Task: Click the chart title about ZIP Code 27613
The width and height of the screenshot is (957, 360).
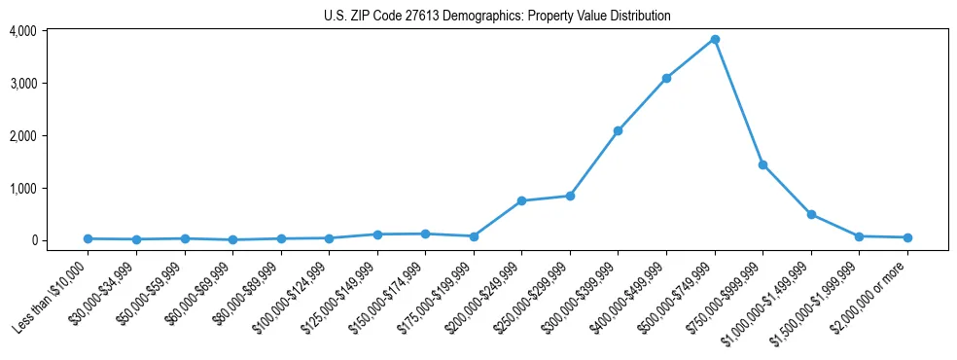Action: [x=497, y=16]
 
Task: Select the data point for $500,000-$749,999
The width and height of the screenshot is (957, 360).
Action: [x=715, y=39]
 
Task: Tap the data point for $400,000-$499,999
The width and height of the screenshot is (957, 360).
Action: [x=666, y=78]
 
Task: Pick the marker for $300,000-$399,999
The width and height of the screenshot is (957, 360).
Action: [x=618, y=130]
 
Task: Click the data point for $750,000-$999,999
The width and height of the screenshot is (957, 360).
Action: [x=762, y=164]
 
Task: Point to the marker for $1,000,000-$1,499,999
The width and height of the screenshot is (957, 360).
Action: [x=811, y=214]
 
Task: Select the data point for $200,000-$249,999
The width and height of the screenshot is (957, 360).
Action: [x=521, y=200]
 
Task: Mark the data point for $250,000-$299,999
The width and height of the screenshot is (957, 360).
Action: [x=570, y=196]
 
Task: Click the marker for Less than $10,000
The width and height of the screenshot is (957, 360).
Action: [x=89, y=238]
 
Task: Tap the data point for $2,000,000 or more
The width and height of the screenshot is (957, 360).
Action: [x=907, y=237]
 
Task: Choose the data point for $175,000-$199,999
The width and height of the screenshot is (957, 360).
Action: [x=474, y=236]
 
